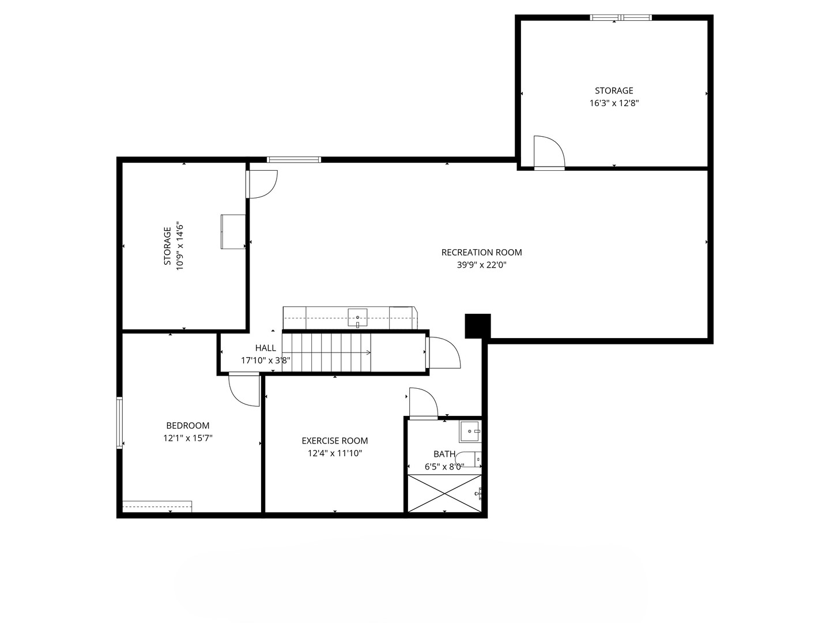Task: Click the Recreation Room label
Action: coord(481,252)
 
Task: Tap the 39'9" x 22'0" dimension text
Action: coord(481,265)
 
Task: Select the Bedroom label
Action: coord(187,426)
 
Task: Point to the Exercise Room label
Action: coord(335,441)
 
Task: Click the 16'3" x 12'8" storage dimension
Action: coord(614,103)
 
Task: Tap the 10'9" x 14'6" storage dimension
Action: coord(180,246)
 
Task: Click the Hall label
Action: coord(266,348)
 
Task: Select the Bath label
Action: coord(444,454)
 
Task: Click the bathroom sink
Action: coord(470,431)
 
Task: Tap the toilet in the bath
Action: coord(468,460)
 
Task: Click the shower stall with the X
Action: coord(444,494)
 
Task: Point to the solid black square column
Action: coord(478,326)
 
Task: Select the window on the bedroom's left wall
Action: coord(119,422)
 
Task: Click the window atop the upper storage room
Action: coord(621,17)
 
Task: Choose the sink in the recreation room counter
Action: coord(357,318)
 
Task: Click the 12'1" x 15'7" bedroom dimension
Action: coord(187,438)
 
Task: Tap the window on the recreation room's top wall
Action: coord(294,160)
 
